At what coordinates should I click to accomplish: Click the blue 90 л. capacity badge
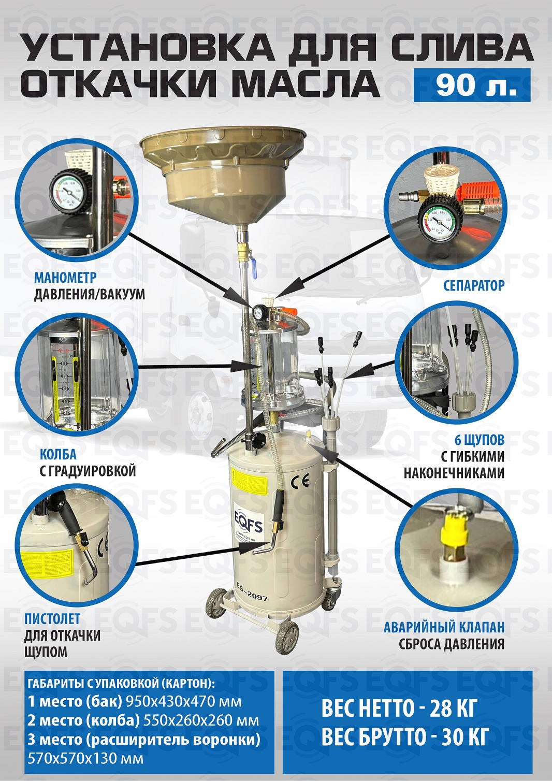click(x=472, y=85)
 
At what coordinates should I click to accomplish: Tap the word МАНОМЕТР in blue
click(x=65, y=278)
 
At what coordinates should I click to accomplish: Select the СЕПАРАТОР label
click(x=474, y=285)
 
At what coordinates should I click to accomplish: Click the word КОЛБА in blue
click(x=58, y=455)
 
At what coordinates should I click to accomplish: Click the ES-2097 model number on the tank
click(x=252, y=595)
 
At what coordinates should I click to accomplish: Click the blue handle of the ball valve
click(x=254, y=269)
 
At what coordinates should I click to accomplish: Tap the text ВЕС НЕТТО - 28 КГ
click(x=399, y=708)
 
